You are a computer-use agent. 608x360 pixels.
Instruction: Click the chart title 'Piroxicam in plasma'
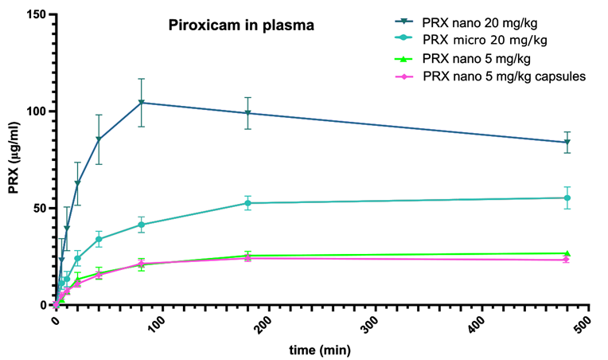coord(241,25)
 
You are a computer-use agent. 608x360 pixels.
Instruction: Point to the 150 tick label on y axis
coord(35,14)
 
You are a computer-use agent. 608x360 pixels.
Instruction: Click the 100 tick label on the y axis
coord(35,112)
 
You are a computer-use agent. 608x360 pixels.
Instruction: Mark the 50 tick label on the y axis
coord(38,208)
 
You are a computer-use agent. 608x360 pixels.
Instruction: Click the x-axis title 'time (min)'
coord(319,349)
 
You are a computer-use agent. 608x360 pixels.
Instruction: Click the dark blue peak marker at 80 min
coord(141,103)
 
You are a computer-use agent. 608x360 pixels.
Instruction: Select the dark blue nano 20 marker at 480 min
coord(567,143)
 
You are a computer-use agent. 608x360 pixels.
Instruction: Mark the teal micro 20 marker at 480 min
coord(567,198)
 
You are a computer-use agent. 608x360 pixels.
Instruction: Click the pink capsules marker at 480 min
coord(567,260)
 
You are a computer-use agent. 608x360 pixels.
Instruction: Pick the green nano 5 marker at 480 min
coord(567,253)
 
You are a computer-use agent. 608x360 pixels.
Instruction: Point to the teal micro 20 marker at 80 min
coord(141,225)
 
